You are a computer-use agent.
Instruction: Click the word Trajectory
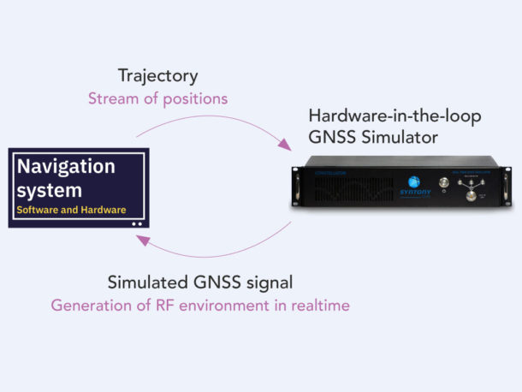tap(157, 77)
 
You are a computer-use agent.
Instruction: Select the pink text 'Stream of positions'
tap(157, 98)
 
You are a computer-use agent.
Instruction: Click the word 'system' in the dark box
tap(50, 189)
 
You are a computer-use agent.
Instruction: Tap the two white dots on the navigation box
tap(137, 223)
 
